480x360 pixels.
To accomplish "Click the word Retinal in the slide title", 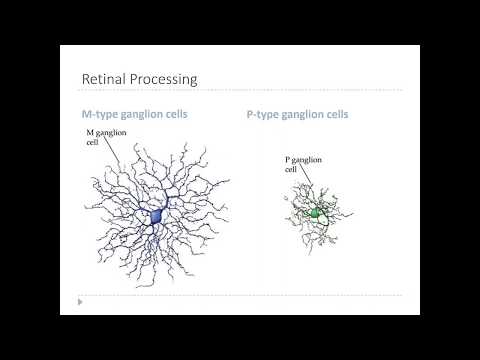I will pyautogui.click(x=103, y=78).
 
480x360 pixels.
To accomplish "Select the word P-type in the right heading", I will pyautogui.click(x=263, y=114).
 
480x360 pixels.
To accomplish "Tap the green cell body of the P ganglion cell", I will pyautogui.click(x=317, y=213).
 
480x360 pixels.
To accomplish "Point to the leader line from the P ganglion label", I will pyautogui.click(x=310, y=186).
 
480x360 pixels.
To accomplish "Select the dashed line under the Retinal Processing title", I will pyautogui.click(x=240, y=92).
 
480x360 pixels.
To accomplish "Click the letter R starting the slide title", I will pyautogui.click(x=85, y=78).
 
